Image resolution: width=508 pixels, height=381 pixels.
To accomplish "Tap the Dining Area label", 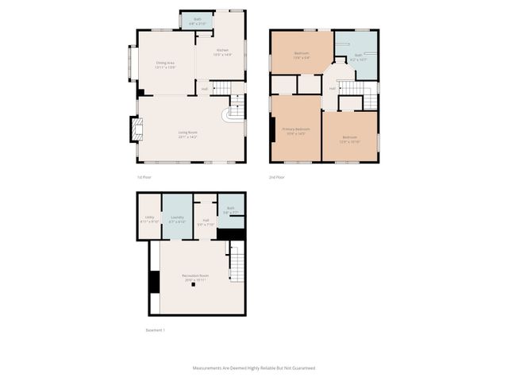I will click(x=165, y=64).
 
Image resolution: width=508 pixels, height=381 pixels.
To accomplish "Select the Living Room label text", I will click(x=187, y=134).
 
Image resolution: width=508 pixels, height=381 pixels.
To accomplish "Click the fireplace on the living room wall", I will click(x=135, y=129).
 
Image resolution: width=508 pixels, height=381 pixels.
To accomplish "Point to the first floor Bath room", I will click(x=197, y=21).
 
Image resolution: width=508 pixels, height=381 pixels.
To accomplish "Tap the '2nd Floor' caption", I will click(x=277, y=176).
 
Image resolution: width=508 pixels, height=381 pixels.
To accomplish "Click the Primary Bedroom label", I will click(x=295, y=131).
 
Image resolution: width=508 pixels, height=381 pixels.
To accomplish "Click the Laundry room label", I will click(x=177, y=219).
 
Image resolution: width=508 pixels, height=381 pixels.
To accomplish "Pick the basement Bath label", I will click(x=230, y=210).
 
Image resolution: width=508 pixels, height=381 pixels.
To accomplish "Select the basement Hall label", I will click(x=206, y=222).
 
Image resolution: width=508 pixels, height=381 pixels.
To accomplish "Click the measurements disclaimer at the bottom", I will click(x=254, y=368).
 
